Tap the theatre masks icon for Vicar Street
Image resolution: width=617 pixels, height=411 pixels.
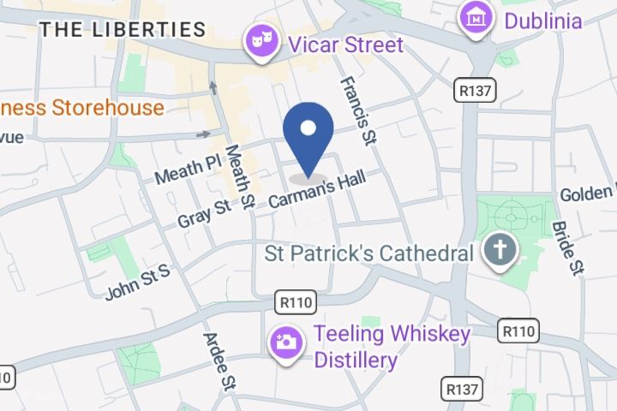pyautogui.click(x=259, y=39)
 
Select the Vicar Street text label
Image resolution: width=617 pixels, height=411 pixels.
pyautogui.click(x=346, y=45)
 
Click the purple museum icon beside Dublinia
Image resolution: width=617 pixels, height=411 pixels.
pyautogui.click(x=474, y=15)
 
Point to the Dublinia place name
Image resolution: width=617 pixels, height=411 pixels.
pyautogui.click(x=542, y=20)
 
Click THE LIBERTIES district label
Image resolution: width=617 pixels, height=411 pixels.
pyautogui.click(x=123, y=29)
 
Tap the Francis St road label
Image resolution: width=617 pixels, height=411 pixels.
pyautogui.click(x=358, y=110)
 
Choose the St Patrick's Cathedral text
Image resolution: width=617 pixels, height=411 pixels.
pyautogui.click(x=368, y=253)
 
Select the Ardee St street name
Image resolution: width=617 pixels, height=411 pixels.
pyautogui.click(x=219, y=359)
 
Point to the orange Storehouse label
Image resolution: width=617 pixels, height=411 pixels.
pyautogui.click(x=81, y=108)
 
